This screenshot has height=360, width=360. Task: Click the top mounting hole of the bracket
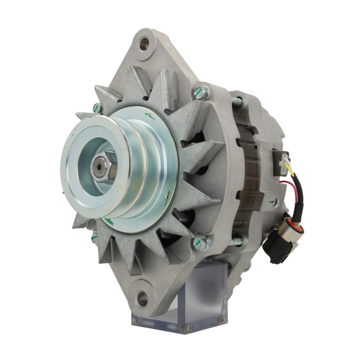point(144,44)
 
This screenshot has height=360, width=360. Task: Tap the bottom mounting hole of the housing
point(143,298)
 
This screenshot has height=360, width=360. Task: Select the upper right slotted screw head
point(202,93)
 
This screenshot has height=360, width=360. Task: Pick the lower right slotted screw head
point(202,243)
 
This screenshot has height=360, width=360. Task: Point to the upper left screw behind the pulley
point(96,108)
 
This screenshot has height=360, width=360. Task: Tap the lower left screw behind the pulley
point(94,238)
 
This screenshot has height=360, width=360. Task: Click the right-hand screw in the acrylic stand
point(222,319)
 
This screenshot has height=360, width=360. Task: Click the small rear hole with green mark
point(275,203)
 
